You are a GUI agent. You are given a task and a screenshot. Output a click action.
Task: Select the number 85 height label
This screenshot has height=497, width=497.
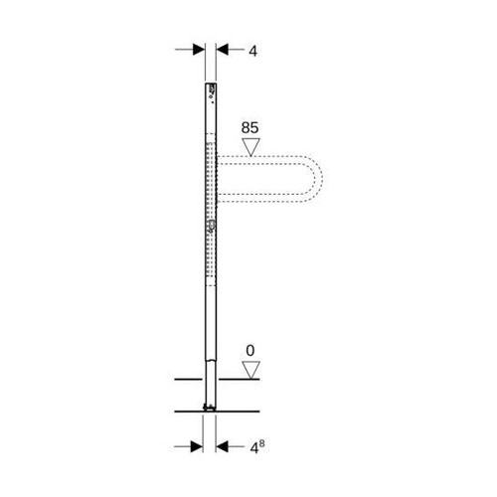click(x=251, y=127)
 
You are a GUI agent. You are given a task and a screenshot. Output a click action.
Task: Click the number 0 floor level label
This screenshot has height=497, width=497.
click(x=251, y=350)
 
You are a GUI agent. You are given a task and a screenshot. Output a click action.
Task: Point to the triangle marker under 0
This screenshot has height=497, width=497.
click(x=251, y=371)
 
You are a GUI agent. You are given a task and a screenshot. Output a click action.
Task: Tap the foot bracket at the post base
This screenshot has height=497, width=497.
click(x=210, y=406)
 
